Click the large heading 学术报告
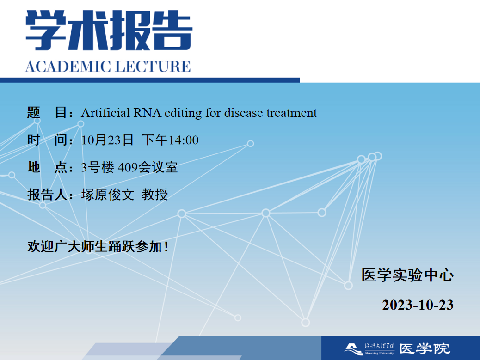click(x=109, y=30)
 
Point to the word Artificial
click(x=105, y=113)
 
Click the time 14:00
click(x=184, y=140)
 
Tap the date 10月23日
click(x=107, y=140)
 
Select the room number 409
click(x=128, y=167)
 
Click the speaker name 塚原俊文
click(x=107, y=195)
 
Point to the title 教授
click(x=154, y=195)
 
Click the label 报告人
click(x=48, y=195)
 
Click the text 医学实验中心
click(x=407, y=275)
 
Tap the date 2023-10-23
click(x=418, y=305)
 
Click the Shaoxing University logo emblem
click(x=354, y=349)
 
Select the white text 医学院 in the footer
click(x=425, y=349)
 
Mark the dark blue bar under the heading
click(x=150, y=80)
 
